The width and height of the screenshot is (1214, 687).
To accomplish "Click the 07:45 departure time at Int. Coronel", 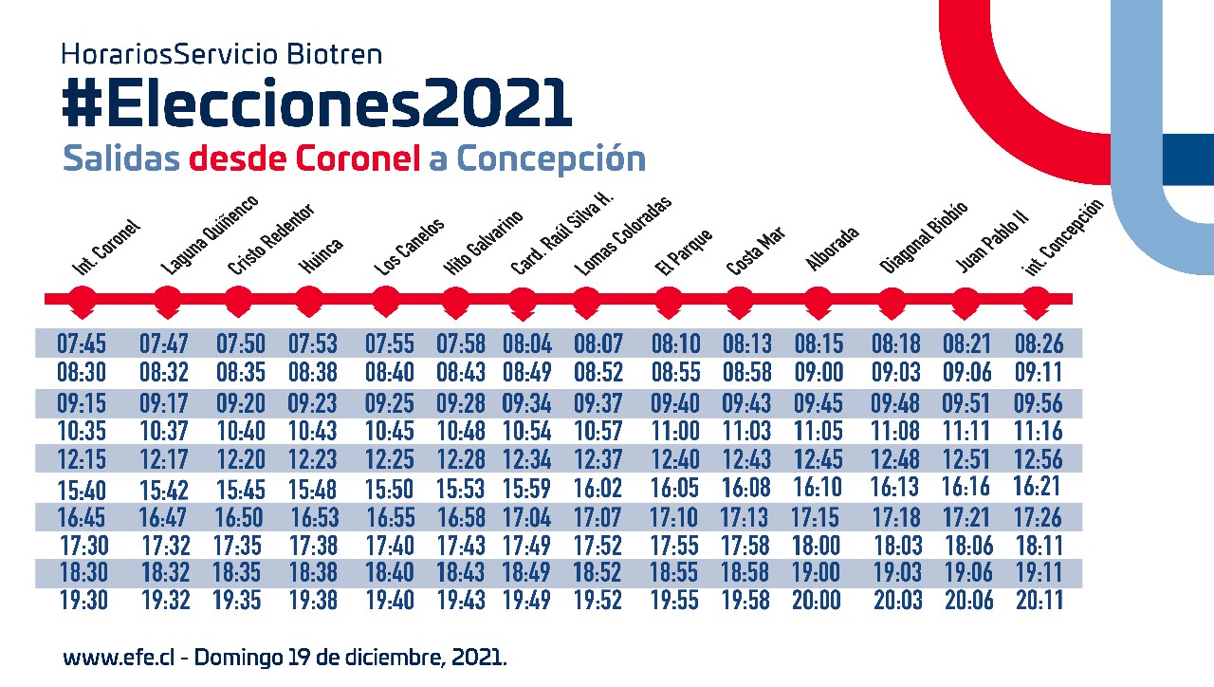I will point(82,343).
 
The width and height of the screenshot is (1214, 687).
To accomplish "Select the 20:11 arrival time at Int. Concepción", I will point(1039,600).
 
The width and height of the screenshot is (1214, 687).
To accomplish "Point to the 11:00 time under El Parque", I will point(676,431).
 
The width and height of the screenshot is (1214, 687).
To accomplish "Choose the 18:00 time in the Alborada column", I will point(818,546).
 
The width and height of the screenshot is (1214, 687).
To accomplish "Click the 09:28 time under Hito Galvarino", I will point(461,402).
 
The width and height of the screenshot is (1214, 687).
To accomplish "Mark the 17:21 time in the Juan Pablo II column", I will point(966,517).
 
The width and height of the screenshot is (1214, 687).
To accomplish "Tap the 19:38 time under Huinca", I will point(314,600).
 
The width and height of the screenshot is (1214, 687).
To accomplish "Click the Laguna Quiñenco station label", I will point(210,234).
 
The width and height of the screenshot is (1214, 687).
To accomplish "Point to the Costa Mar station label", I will point(756,252).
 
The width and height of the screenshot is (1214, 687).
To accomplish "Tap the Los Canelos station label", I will point(409,248).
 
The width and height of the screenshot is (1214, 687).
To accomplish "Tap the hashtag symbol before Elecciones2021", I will point(83,103).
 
